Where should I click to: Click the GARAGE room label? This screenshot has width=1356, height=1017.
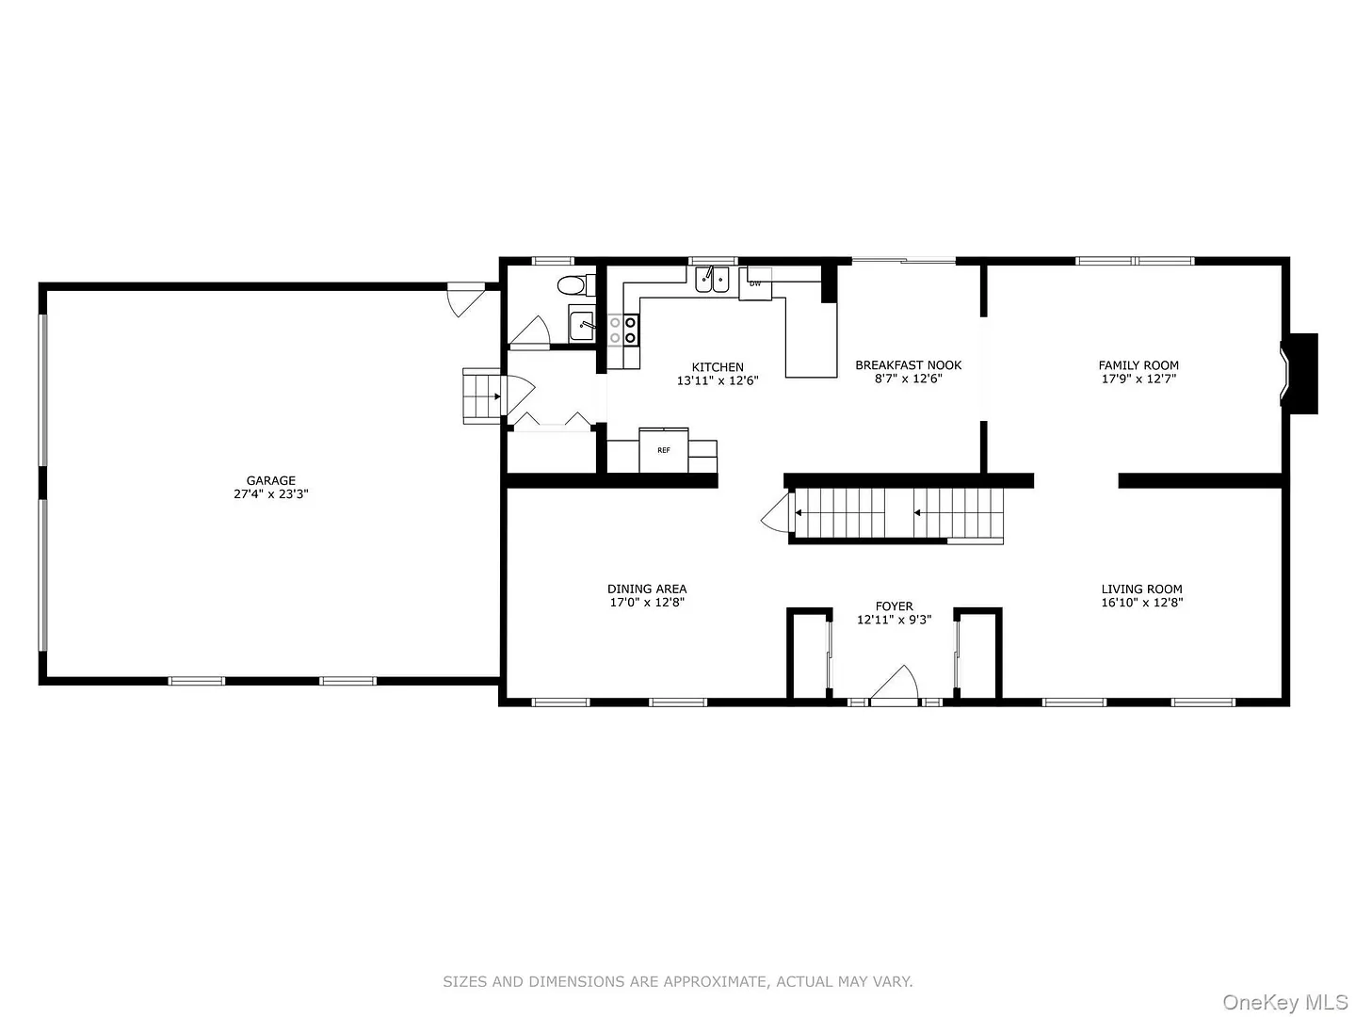click(x=270, y=480)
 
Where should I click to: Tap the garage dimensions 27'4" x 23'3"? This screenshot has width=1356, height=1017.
click(x=270, y=494)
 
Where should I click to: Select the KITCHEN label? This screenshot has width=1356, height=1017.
click(x=718, y=367)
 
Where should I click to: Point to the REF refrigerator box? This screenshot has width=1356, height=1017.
click(x=664, y=450)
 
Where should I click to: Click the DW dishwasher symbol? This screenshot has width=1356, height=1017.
click(x=755, y=283)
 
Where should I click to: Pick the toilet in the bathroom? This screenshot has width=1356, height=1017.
click(x=576, y=285)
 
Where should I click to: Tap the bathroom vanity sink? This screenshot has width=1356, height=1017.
click(x=582, y=324)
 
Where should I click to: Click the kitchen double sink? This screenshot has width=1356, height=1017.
click(x=712, y=279)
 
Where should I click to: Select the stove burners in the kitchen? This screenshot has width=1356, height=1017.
click(x=622, y=330)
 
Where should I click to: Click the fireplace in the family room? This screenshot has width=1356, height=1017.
click(x=1299, y=373)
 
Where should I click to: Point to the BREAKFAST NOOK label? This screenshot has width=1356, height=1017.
click(x=908, y=365)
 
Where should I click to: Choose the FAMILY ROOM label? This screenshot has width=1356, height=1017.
click(x=1138, y=365)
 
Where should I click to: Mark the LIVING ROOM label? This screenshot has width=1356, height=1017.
click(x=1141, y=589)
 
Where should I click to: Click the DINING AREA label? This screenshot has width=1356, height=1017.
click(x=647, y=589)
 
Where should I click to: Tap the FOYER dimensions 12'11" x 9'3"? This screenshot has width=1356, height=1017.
click(x=894, y=620)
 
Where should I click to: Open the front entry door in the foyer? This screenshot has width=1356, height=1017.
click(x=895, y=686)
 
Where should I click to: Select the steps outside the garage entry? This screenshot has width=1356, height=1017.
click(x=482, y=395)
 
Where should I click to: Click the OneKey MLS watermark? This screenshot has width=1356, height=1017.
click(x=1285, y=1001)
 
